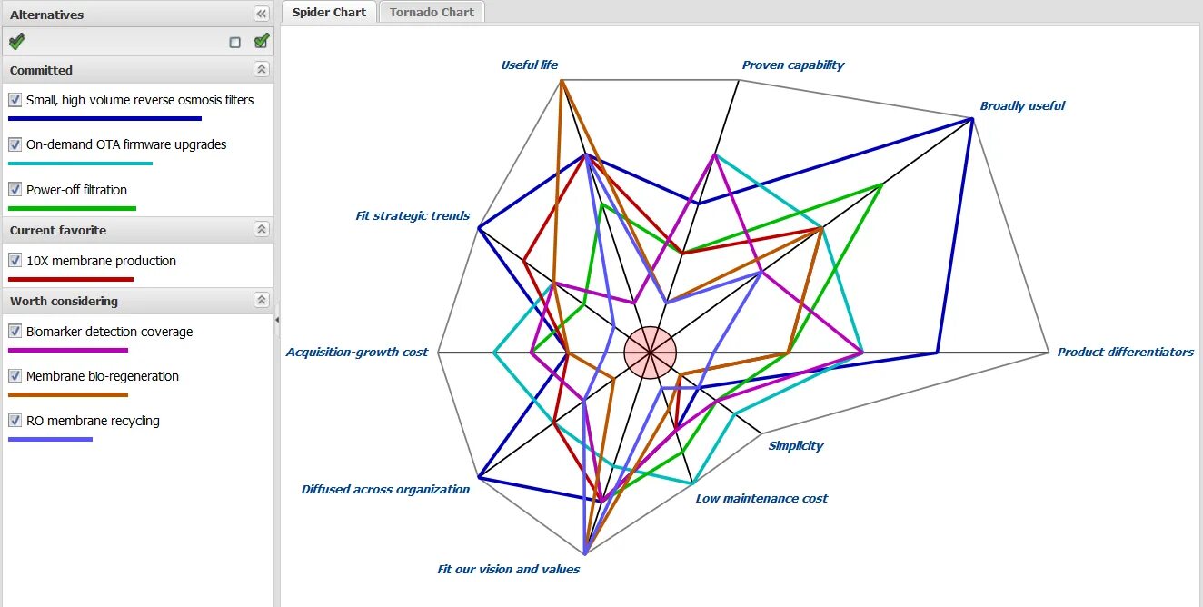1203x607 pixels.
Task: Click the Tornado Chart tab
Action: (x=432, y=12)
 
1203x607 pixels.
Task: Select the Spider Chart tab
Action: (x=329, y=12)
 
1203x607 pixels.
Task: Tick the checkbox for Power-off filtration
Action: (x=15, y=190)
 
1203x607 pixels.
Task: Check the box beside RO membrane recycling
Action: (x=15, y=421)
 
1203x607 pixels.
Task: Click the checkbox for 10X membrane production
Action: (x=15, y=261)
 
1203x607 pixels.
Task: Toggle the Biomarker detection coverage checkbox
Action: (x=15, y=332)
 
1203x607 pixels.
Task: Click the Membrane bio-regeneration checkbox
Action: (x=15, y=376)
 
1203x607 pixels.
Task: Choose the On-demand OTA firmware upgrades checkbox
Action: (x=15, y=144)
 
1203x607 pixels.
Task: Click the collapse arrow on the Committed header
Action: (x=262, y=70)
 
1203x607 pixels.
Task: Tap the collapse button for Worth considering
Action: (x=262, y=301)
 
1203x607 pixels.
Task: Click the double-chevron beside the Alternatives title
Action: (x=262, y=14)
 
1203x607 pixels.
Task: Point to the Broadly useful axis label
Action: (x=1022, y=106)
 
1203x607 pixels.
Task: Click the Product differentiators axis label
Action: (x=1125, y=353)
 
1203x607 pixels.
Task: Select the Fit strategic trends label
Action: (x=413, y=216)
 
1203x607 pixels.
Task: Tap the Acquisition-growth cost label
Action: (x=356, y=353)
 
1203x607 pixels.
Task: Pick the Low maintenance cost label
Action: (x=761, y=499)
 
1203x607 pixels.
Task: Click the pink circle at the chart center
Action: (x=651, y=353)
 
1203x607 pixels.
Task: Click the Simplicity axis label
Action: (x=795, y=446)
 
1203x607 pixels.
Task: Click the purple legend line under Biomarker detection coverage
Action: (x=68, y=350)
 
